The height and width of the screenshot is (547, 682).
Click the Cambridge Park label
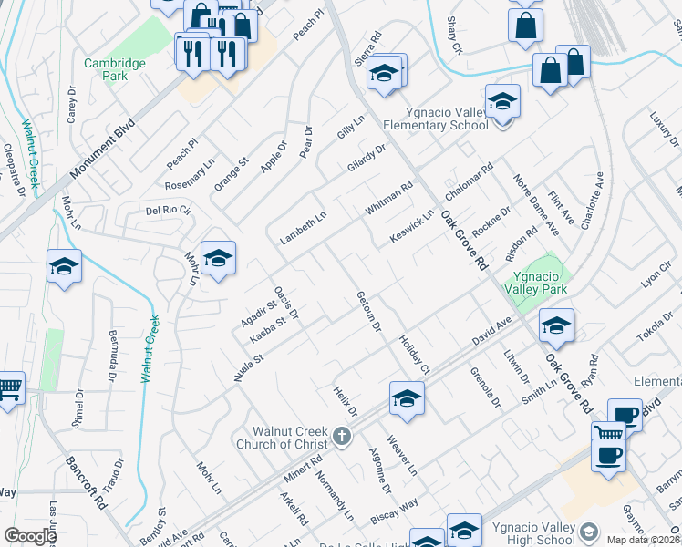pyautogui.click(x=115, y=69)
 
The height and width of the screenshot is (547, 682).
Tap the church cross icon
pyautogui.click(x=342, y=436)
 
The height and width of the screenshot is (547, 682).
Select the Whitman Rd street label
pyautogui.click(x=389, y=198)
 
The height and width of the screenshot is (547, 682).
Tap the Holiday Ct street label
pyautogui.click(x=414, y=355)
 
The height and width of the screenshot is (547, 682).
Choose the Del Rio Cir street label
pyautogui.click(x=169, y=211)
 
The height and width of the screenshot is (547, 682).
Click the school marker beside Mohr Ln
pyautogui.click(x=218, y=260)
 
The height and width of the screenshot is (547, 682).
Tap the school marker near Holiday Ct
pyautogui.click(x=407, y=398)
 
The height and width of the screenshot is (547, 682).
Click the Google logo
pyautogui.click(x=29, y=536)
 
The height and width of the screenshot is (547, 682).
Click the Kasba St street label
pyautogui.click(x=270, y=329)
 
